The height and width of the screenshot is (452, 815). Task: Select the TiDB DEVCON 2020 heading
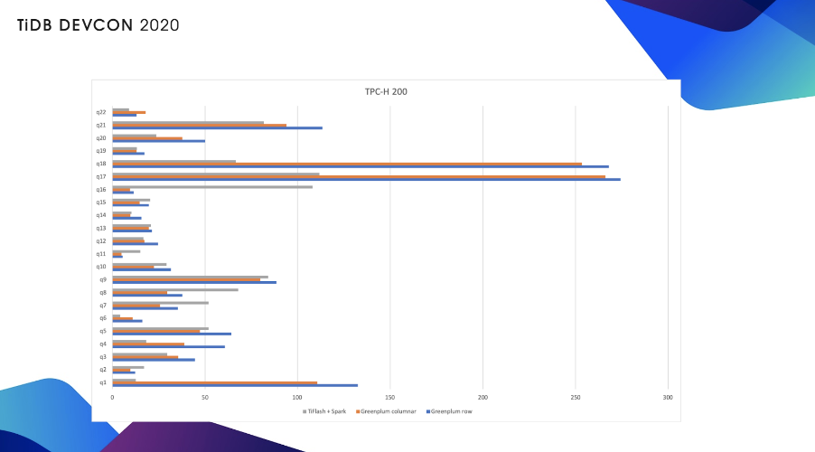tap(98, 25)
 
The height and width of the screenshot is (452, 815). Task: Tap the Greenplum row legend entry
tap(451, 411)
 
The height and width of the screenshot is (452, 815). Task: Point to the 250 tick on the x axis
tap(576, 398)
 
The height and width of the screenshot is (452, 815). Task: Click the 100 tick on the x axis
tap(297, 398)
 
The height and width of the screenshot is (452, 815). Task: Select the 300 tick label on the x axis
tap(668, 398)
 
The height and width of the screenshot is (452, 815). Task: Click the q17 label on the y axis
tap(101, 176)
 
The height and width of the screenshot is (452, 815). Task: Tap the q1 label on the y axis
tap(103, 382)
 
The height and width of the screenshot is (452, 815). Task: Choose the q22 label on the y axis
tap(101, 112)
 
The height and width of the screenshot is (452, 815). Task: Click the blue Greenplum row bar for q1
tap(235, 386)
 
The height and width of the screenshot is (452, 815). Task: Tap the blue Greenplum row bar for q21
tap(217, 128)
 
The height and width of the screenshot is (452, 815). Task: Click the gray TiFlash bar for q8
tap(175, 289)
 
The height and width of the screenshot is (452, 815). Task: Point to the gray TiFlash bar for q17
tap(216, 174)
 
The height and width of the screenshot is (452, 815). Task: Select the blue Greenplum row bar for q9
tap(194, 283)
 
